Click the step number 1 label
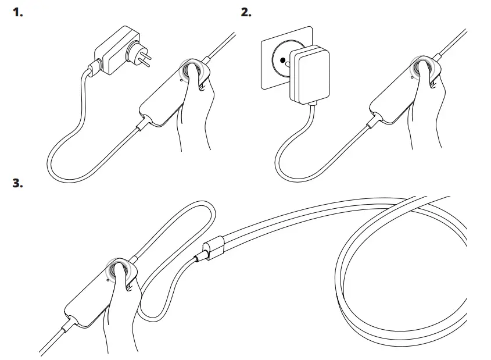click(x=18, y=12)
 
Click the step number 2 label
click(x=246, y=12)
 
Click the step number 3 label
click(x=18, y=184)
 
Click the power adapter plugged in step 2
click(x=309, y=74)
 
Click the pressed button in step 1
click(x=192, y=70)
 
